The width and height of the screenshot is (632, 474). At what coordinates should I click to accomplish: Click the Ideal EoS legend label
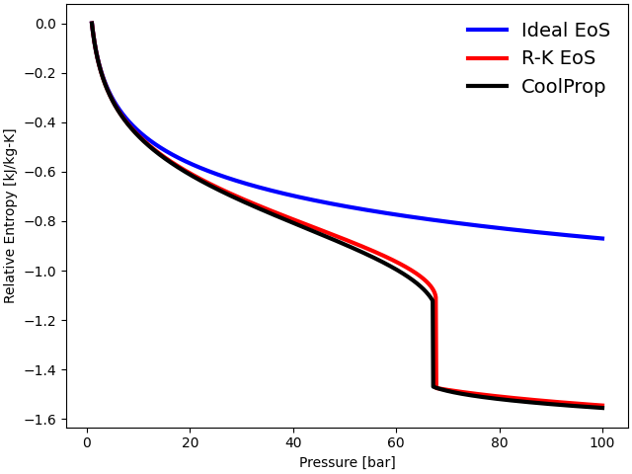click(566, 30)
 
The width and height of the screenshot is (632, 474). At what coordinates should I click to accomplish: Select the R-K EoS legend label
click(558, 57)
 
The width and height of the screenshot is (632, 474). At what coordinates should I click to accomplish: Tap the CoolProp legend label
click(564, 86)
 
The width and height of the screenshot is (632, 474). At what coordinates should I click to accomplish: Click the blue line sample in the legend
click(487, 31)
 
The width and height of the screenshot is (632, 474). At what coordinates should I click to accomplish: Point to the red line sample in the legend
click(487, 58)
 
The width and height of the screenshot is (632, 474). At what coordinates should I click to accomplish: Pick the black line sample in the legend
click(487, 86)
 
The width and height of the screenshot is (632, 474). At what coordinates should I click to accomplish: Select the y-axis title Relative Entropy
click(10, 215)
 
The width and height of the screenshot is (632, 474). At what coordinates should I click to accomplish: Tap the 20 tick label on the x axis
click(190, 441)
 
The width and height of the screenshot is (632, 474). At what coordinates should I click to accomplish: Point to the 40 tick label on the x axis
click(293, 441)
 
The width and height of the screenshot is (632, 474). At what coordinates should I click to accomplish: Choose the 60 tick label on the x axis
click(396, 441)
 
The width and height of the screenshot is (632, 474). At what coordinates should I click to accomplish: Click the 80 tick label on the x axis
click(500, 441)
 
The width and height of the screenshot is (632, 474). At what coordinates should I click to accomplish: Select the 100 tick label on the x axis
click(602, 441)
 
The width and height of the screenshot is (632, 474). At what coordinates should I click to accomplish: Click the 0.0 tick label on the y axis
click(46, 24)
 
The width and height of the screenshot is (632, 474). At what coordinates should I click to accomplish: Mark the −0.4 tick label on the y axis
click(42, 122)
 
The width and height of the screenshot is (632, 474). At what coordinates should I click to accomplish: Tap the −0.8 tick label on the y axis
click(42, 221)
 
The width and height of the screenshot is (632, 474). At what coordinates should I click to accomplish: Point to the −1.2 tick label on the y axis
click(42, 321)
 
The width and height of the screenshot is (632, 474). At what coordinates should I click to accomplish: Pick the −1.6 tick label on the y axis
click(42, 420)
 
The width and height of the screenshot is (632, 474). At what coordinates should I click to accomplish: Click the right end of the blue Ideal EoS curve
click(602, 238)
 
